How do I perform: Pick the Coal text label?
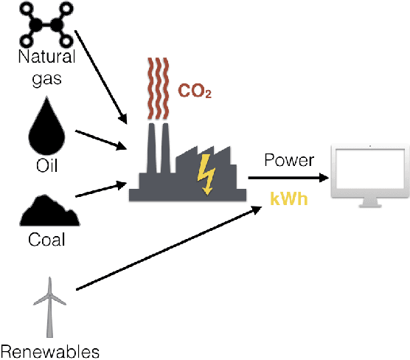click(47, 240)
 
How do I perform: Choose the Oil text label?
click(47, 163)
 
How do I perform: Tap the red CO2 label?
click(195, 93)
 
